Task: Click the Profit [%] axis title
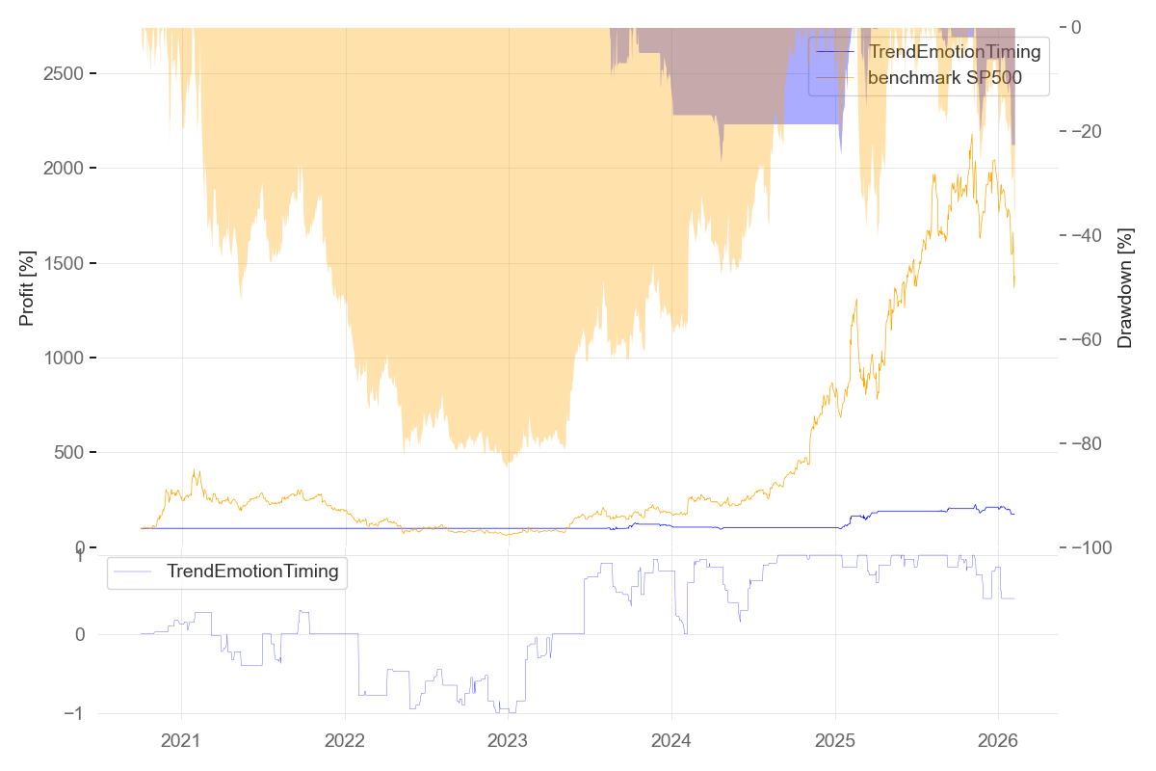point(27,287)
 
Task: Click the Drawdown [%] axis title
point(1124,287)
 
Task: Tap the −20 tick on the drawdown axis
point(1091,131)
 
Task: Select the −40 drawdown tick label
point(1091,235)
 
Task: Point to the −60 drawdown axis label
point(1091,339)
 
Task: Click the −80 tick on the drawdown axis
point(1091,443)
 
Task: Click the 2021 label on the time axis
point(181,741)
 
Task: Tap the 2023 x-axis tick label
point(508,741)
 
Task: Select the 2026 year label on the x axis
point(997,741)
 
